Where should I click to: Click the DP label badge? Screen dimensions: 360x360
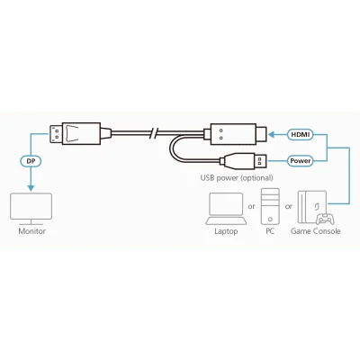31,161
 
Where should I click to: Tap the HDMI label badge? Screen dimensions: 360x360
301,135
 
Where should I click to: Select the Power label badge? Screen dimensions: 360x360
301,161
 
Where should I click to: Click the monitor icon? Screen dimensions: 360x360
31,209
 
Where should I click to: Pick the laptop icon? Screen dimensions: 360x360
226,209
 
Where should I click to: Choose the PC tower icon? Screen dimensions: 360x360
270,206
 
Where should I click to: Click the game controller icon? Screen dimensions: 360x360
325,219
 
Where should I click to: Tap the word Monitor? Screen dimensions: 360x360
31,231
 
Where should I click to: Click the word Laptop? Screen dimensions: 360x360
226,231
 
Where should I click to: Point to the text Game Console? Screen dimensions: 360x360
315,231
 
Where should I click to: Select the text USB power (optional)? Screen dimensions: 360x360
237,178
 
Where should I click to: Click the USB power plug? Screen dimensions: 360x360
243,161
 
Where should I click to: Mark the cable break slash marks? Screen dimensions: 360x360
154,133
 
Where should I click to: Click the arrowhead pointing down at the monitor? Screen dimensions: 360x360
31,188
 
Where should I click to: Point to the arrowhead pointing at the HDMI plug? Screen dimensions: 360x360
271,135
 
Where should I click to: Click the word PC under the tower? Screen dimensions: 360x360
270,231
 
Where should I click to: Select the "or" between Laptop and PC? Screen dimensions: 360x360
251,207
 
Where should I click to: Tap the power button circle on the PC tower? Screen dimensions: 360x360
270,220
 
